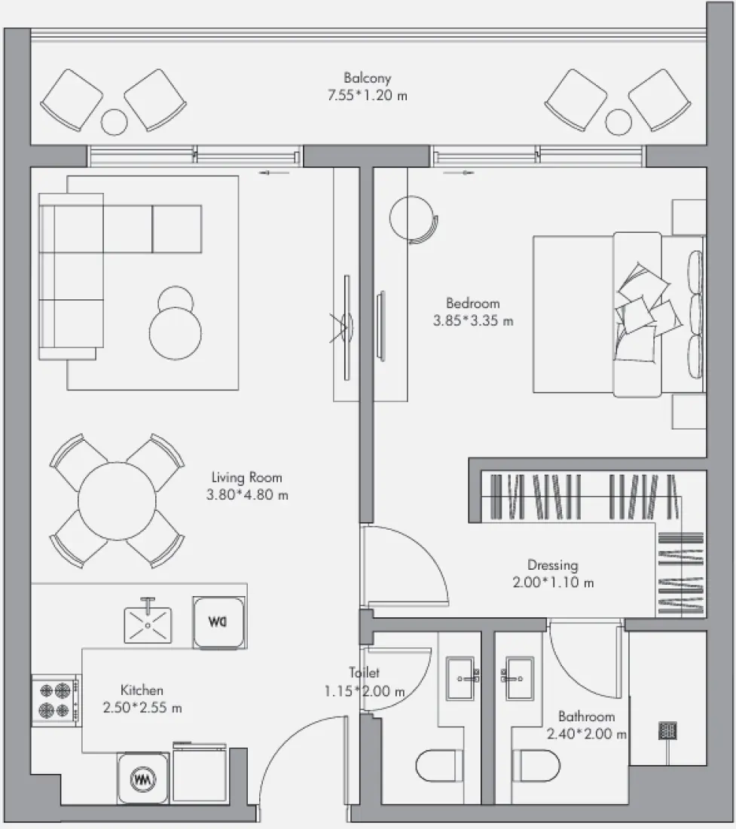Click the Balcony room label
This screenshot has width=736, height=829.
pos(367,78)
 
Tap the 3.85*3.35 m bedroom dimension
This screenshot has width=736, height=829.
pos(473,320)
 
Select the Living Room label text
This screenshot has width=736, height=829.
pos(247,477)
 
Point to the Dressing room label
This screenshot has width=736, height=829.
pos(553,565)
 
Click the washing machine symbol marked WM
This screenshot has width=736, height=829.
pos(143,779)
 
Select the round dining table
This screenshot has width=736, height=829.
pos(118,501)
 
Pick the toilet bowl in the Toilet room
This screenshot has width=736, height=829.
pos(438,766)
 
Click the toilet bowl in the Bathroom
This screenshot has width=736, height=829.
pos(537,766)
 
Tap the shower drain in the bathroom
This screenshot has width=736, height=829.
pos(668,731)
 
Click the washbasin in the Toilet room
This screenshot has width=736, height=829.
pos(461,678)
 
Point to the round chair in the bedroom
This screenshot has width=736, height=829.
pos(413,219)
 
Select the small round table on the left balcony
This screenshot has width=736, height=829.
pos(114,122)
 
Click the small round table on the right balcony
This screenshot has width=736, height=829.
pos(618,122)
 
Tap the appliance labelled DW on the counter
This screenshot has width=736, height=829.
pos(218,623)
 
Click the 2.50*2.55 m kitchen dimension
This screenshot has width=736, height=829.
pos(142,708)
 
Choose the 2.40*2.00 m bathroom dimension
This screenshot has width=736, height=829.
pos(587,734)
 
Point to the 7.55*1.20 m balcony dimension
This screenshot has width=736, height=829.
pos(367,96)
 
